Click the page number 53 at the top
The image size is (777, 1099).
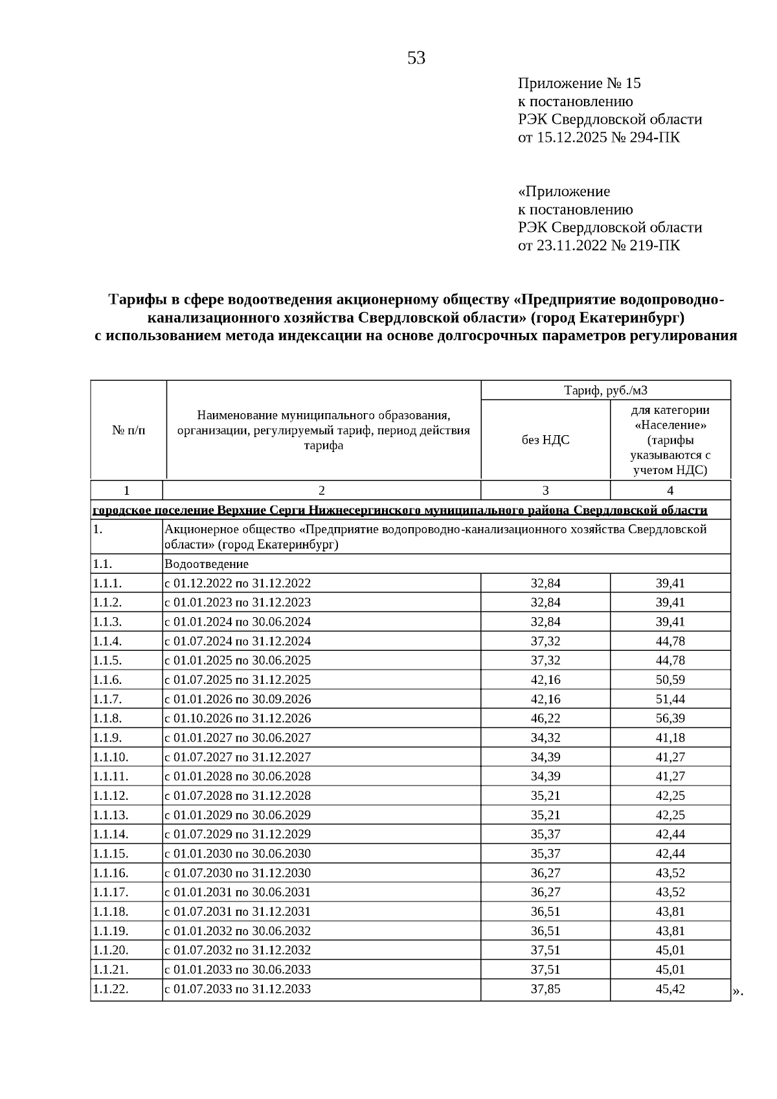tap(416, 58)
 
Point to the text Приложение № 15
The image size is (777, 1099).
tap(579, 84)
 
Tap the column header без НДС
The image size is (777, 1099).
tap(545, 440)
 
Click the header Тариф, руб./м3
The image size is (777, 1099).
tap(605, 390)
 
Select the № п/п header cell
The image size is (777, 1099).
tap(128, 430)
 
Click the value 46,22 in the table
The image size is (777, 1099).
tap(545, 718)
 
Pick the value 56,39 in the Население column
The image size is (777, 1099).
tap(670, 718)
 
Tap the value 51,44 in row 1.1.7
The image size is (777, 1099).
tap(670, 699)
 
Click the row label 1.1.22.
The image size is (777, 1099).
tap(111, 989)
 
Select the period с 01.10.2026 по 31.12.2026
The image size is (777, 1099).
tap(238, 718)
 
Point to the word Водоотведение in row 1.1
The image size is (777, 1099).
tap(207, 563)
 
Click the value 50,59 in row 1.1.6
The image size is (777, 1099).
tap(670, 679)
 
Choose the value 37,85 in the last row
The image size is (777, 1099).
tap(545, 989)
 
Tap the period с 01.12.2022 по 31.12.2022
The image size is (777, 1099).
tap(238, 583)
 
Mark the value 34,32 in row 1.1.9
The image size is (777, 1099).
tap(545, 738)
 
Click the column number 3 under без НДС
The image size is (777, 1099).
tap(545, 490)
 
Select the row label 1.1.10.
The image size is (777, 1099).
tap(111, 757)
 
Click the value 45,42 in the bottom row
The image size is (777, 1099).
tap(670, 989)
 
